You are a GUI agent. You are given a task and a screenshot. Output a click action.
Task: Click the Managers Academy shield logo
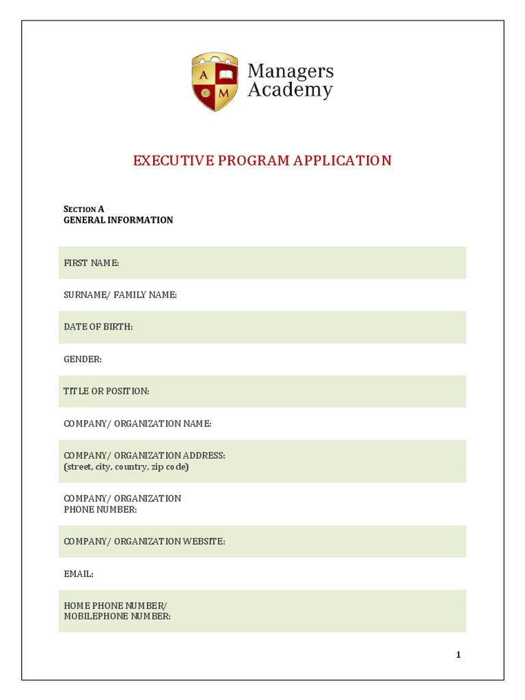(215, 81)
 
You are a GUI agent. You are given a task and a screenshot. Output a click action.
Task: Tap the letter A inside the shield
(204, 73)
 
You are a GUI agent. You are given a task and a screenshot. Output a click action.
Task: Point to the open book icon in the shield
(226, 72)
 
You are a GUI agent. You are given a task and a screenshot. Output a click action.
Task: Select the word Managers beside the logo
(290, 70)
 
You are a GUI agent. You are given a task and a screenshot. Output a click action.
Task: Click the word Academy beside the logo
(290, 90)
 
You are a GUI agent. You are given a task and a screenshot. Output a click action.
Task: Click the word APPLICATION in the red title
(342, 161)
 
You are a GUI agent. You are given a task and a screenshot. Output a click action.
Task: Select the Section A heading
(83, 209)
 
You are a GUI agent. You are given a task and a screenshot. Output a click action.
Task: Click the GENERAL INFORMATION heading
(118, 220)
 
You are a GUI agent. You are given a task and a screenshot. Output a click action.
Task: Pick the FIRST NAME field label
(92, 263)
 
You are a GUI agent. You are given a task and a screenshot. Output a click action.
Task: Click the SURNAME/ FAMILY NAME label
(120, 295)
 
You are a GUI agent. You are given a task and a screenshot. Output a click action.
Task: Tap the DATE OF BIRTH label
(98, 327)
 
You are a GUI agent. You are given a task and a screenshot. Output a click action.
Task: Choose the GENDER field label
(83, 359)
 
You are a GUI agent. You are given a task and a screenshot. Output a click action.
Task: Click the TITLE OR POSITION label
(106, 391)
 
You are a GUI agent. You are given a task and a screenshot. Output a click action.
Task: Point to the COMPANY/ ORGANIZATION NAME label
(137, 424)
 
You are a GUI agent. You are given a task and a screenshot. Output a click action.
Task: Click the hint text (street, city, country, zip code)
(126, 467)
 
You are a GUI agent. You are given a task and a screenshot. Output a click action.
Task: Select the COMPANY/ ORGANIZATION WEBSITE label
(144, 541)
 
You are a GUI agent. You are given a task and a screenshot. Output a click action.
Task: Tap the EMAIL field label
(79, 574)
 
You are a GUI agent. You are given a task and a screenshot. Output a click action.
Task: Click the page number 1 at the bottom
(459, 655)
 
